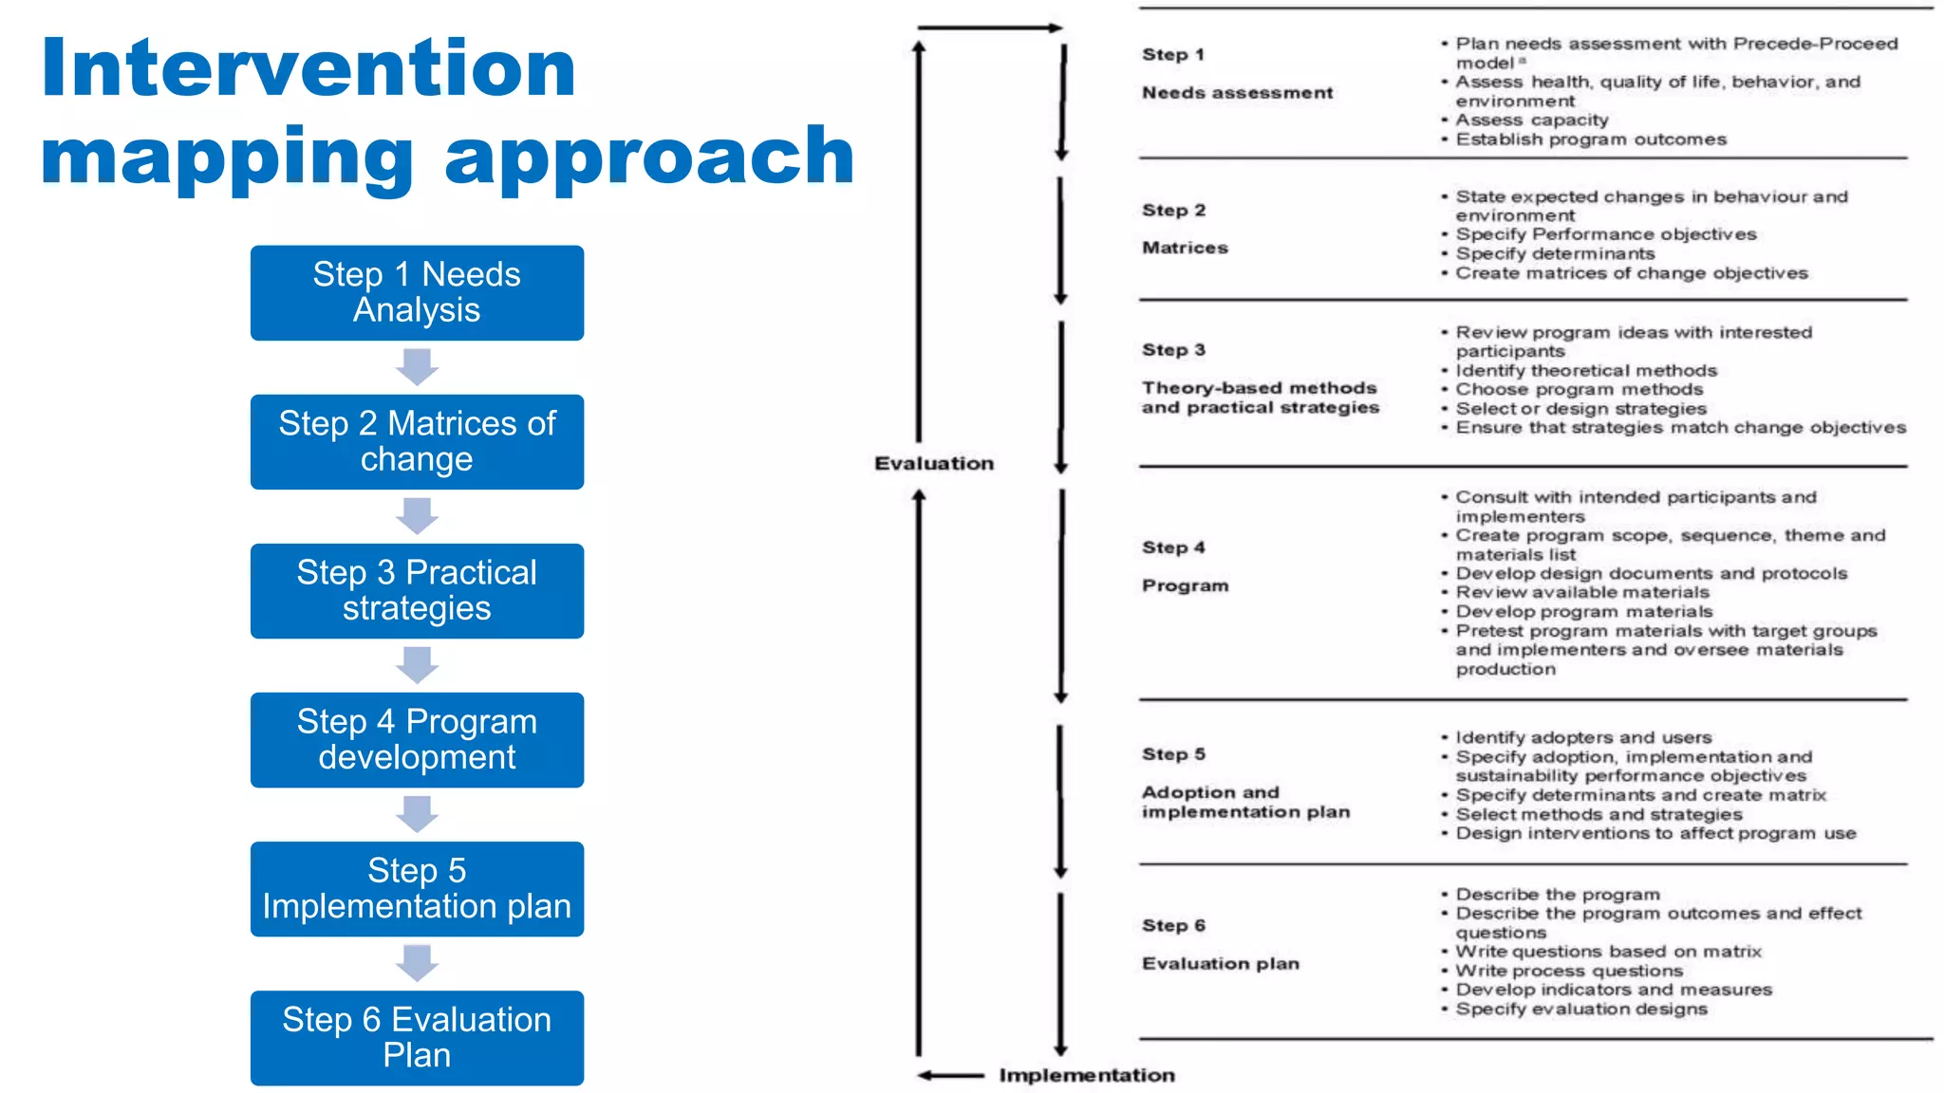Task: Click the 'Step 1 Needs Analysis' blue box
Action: click(417, 292)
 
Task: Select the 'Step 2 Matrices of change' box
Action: click(417, 441)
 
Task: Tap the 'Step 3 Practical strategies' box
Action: click(417, 590)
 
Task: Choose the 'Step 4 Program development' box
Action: click(417, 739)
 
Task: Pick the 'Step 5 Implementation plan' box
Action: click(417, 888)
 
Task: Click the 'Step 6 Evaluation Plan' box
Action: click(417, 1037)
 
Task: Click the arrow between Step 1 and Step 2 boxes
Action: click(417, 367)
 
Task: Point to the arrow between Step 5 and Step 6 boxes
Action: click(417, 963)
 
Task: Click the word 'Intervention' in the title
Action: click(308, 68)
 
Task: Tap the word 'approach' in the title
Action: click(649, 157)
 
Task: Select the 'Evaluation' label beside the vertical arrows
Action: click(934, 463)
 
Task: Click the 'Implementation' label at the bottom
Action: click(1087, 1075)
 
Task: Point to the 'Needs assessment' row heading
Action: click(1237, 93)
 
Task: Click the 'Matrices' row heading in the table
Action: click(1185, 248)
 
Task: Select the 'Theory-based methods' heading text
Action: click(1259, 388)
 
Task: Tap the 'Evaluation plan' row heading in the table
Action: click(1220, 964)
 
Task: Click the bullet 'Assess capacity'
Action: click(1531, 120)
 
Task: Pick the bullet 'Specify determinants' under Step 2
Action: click(1555, 254)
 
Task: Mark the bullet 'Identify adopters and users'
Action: click(1583, 738)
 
